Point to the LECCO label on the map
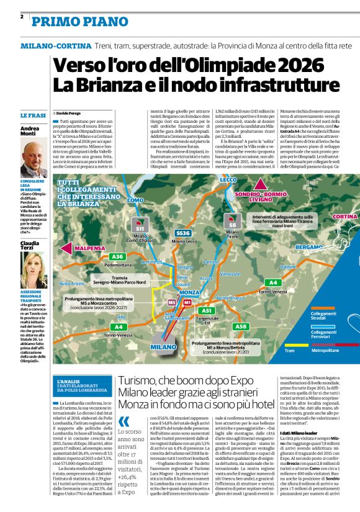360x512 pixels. pos(228,180)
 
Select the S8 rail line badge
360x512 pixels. pos(233,223)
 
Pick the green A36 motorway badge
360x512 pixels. pos(117,256)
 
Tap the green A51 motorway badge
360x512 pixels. pos(207,310)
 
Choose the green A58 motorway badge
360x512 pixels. pos(241,326)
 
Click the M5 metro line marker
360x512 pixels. pos(173,302)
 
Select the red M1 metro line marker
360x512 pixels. pos(187,302)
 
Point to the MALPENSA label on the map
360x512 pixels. pos(89,248)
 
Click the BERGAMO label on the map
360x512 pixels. pos(311,247)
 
